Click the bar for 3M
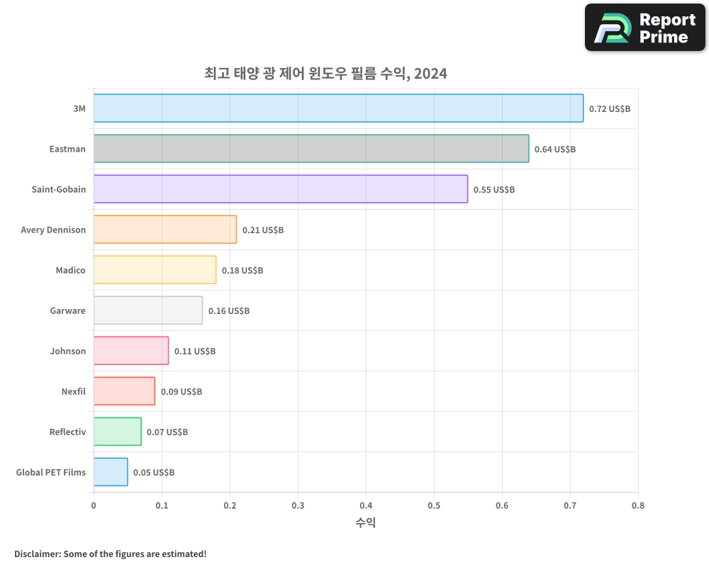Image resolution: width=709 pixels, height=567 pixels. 338,108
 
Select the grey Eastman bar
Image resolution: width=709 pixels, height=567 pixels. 311,149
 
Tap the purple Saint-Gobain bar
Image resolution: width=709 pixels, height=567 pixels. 280,189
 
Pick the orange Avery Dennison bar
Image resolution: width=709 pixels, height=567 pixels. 164,230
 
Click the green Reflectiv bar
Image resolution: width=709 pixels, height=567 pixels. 117,432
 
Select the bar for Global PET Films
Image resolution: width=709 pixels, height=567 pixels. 111,472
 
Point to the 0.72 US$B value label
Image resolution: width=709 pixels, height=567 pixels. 609,109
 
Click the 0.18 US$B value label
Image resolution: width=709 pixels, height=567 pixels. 242,271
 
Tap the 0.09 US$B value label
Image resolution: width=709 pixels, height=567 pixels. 181,392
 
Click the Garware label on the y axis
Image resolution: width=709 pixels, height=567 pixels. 67,310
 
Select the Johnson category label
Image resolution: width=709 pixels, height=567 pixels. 67,351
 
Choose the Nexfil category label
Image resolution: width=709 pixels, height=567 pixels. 73,391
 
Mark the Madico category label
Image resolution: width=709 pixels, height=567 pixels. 70,270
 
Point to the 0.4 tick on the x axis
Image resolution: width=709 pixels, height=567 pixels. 366,505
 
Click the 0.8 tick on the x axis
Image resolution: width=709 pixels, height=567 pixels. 637,505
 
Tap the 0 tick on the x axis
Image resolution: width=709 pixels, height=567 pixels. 94,505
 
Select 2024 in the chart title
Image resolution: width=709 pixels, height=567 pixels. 430,73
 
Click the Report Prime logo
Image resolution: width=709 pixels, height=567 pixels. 644,28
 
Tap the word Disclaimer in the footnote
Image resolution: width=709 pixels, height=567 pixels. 36,554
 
